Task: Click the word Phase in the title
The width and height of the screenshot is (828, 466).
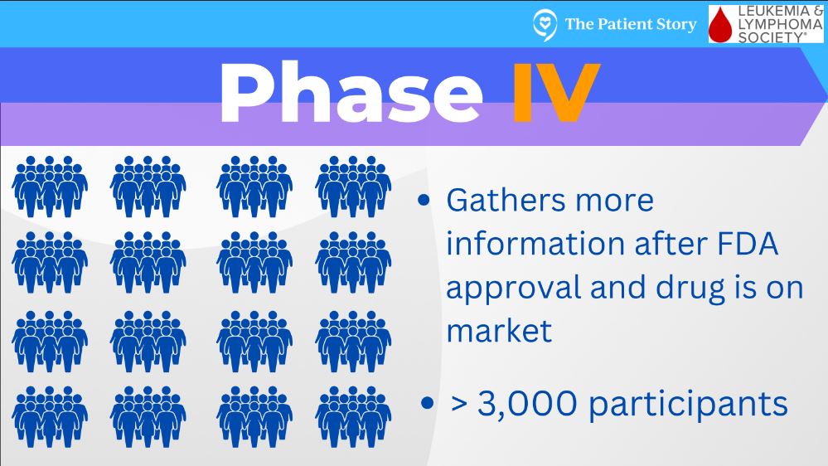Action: coord(351,93)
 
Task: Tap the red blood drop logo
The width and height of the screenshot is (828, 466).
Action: coord(721,25)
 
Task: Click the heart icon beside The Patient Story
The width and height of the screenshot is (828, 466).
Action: coord(545,25)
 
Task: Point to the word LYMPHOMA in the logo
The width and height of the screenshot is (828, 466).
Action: coord(780,24)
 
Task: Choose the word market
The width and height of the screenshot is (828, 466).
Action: coord(499,332)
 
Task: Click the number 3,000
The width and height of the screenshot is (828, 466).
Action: coord(527,404)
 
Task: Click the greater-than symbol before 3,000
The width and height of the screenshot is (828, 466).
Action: coord(459,404)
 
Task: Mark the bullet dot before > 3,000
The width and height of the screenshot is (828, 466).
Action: coord(427,403)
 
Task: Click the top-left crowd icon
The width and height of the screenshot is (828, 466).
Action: coord(50,187)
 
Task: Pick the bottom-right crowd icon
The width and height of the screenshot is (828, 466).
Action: coord(353,417)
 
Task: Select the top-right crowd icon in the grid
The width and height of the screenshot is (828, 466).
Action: coord(353,187)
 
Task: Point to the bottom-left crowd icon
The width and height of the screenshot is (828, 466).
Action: coord(50,417)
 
